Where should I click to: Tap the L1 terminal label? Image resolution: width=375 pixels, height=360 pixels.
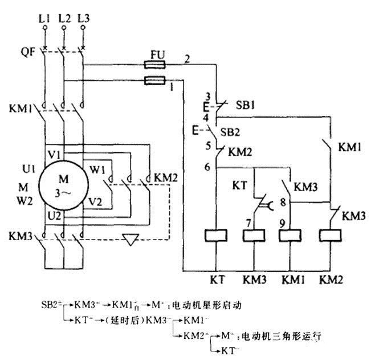point(44,19)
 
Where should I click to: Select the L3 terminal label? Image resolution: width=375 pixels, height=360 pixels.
point(83,19)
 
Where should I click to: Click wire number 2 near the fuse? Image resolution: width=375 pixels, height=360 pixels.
point(186,59)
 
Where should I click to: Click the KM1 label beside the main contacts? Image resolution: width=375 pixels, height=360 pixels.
point(21,107)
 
